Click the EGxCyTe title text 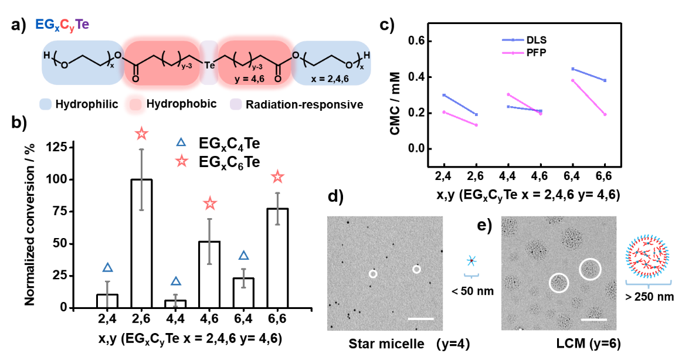[x=62, y=25]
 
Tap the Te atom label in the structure [x=209, y=65]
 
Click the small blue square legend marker [x=45, y=104]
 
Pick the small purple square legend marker [x=236, y=104]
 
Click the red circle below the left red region [x=134, y=104]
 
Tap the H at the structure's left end [x=46, y=56]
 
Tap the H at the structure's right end [x=367, y=56]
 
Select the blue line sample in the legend [x=513, y=40]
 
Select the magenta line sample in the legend [x=513, y=53]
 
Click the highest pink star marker [x=141, y=133]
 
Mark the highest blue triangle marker [x=181, y=142]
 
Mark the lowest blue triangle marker [x=176, y=281]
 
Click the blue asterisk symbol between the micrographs [x=471, y=261]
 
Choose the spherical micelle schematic [x=647, y=256]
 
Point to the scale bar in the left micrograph [x=420, y=318]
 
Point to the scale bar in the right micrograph [x=593, y=320]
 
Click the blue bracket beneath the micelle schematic [x=648, y=284]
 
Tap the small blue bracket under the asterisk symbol [x=471, y=275]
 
